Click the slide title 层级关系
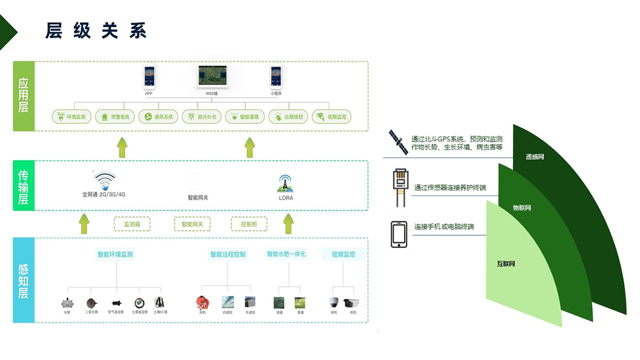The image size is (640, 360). coord(96,31)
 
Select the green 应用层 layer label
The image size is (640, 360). coord(24,96)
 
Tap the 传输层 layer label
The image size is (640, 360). coord(24,186)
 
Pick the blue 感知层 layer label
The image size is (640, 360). coord(24,280)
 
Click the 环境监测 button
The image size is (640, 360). coord(71,117)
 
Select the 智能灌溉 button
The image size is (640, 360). coord(245,117)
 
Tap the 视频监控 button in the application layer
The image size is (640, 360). coord(331,117)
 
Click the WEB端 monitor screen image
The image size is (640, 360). coord(212,76)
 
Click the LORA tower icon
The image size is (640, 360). coord(286,183)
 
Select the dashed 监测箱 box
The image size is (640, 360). coord(132,224)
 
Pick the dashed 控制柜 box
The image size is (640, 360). coord(249,224)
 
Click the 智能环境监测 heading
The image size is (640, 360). coord(115,255)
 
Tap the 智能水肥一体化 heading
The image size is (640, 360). coord(287,255)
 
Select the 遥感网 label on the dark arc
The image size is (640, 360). coord(535,157)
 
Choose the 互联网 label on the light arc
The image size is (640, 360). coord(506,264)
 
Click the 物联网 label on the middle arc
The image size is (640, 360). coord(521,208)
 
